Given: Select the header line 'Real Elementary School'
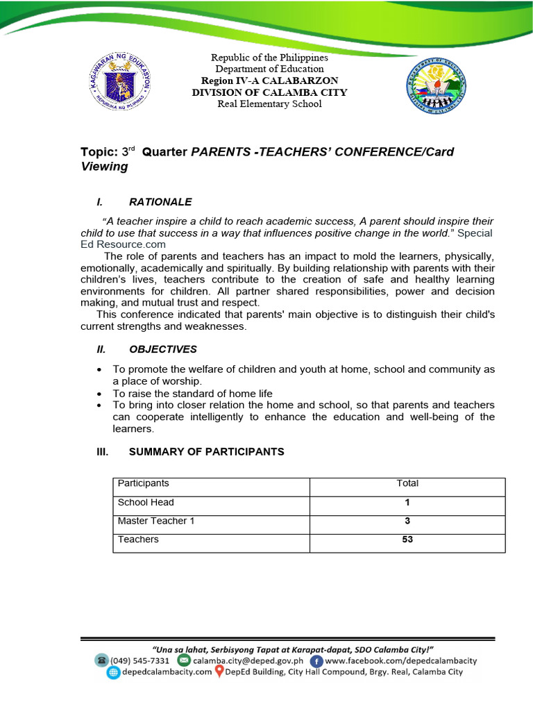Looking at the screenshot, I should pos(269,104).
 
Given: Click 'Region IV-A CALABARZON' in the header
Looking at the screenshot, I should pos(269,81).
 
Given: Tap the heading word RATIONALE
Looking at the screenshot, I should pos(160,202).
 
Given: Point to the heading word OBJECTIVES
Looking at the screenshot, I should pos(162,349).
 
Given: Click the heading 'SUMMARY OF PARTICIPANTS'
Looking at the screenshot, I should pos(206,451).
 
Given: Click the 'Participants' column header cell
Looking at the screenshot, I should pos(143,483).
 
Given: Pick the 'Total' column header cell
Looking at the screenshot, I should pos(407,483).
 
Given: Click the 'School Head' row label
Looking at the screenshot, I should pos(146,502).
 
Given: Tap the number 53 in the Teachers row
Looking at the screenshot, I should pos(407,539).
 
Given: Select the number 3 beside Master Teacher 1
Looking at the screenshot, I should pos(407,521).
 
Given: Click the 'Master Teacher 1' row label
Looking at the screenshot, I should pos(151,521).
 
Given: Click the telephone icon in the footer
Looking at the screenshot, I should pos(102,660).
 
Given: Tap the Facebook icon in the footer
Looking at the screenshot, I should pos(316,660).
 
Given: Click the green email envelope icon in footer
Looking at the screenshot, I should pos(183,660).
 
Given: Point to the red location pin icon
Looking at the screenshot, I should pos(219,672).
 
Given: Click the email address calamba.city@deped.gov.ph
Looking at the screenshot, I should pos(248,660).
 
